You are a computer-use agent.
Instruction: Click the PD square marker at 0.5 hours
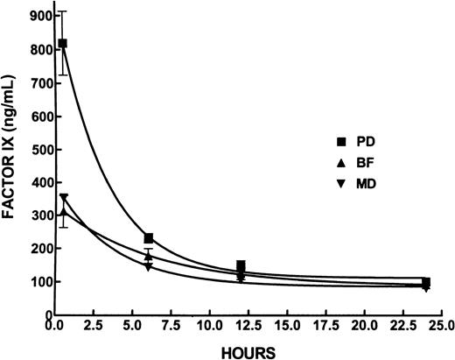(62, 43)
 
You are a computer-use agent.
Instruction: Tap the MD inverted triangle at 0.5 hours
(63, 198)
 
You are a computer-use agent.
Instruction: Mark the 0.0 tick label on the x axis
(55, 327)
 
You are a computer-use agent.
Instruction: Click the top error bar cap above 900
(62, 11)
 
